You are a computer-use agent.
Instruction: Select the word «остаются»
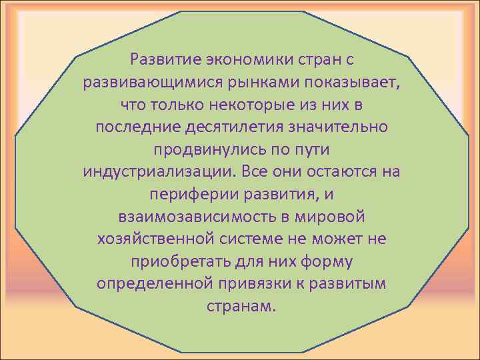[x=341, y=171]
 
